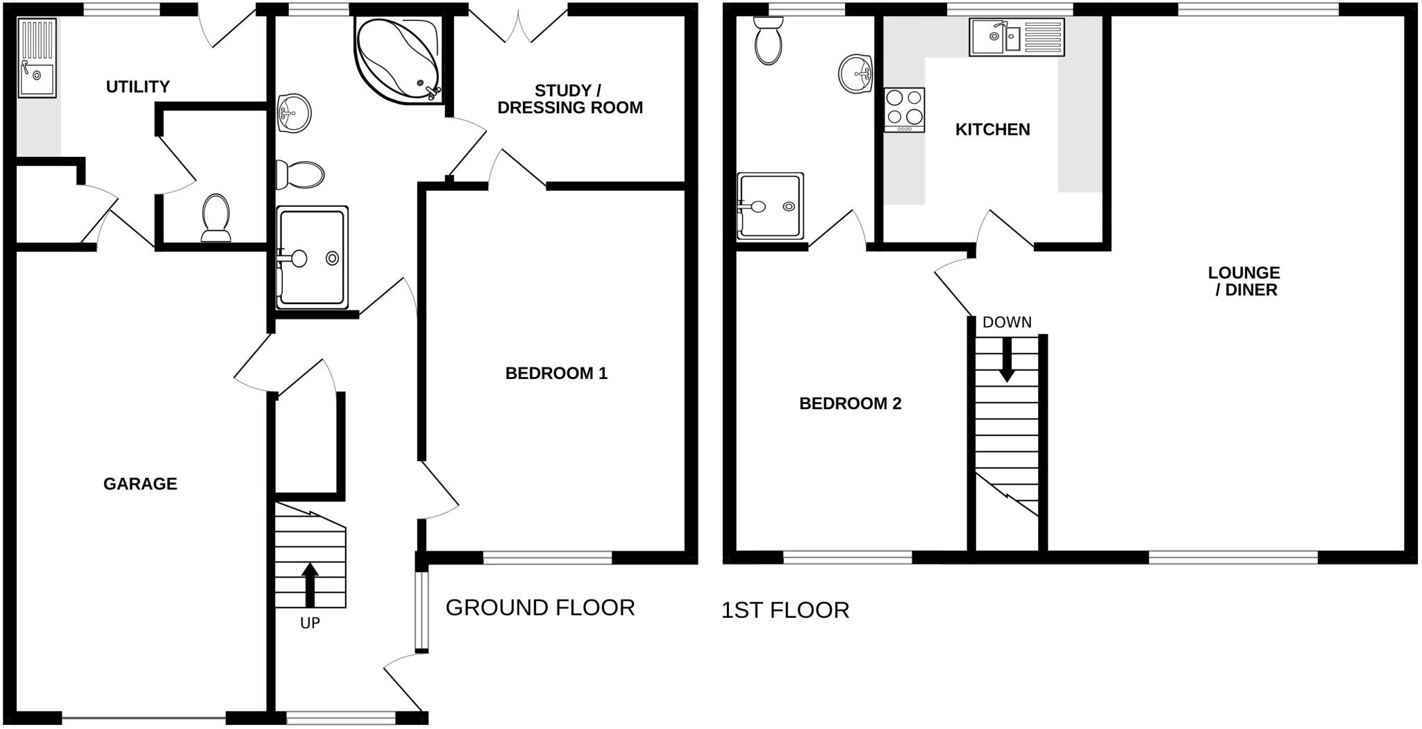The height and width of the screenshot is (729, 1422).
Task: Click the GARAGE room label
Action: pyautogui.click(x=140, y=484)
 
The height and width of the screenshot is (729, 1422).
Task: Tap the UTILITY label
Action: pyautogui.click(x=137, y=87)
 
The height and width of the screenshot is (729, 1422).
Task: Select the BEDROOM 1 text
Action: pyautogui.click(x=556, y=374)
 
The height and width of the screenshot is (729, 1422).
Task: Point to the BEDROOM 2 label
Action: pyautogui.click(x=850, y=403)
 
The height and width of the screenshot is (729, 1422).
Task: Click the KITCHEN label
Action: pyautogui.click(x=992, y=129)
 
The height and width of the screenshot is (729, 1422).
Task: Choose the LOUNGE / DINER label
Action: pyautogui.click(x=1243, y=281)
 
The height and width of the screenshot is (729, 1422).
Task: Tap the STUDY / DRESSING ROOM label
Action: pyautogui.click(x=569, y=99)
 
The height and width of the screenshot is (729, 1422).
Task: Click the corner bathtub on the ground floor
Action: pyautogui.click(x=397, y=58)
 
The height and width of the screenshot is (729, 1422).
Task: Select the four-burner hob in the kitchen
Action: pyautogui.click(x=904, y=110)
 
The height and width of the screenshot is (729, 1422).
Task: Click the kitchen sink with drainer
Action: pyautogui.click(x=1017, y=37)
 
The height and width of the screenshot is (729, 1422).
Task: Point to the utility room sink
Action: pyautogui.click(x=37, y=57)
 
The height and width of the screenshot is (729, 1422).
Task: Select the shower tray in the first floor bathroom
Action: pyautogui.click(x=770, y=206)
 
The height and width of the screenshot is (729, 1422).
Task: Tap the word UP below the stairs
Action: pyautogui.click(x=310, y=623)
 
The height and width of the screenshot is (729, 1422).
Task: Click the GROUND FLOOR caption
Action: pyautogui.click(x=539, y=607)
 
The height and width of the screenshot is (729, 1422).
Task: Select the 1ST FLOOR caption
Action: pyautogui.click(x=785, y=610)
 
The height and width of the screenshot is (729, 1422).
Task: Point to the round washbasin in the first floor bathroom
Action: pyautogui.click(x=855, y=74)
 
